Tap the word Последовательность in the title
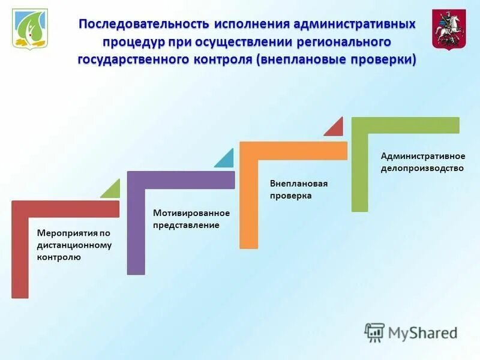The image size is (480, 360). coord(143,25)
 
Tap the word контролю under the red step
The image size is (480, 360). coord(59,257)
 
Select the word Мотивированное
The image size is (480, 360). coord(191,213)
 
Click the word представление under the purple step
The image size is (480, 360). coord(186,225)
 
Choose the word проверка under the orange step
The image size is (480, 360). coord(290,196)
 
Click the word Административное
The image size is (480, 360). coord(423,156)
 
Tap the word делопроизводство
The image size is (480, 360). coord(422,168)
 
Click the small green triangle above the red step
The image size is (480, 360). coord(112,190)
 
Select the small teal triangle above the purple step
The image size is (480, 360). coord(226,160)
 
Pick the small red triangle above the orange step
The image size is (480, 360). coord(336,128)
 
